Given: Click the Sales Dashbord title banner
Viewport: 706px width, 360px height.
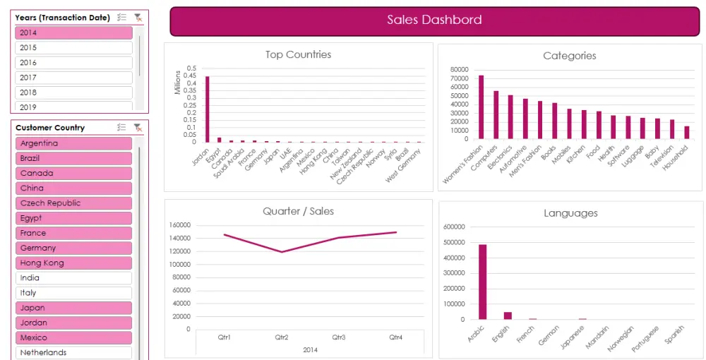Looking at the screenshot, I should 433,20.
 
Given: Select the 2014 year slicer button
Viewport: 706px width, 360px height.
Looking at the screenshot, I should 73,32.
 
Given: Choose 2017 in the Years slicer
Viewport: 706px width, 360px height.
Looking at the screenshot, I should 73,78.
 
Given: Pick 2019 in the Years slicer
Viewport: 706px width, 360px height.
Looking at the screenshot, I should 73,107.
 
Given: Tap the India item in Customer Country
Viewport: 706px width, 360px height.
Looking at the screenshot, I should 73,278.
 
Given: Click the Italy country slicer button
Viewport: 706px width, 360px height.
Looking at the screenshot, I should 73,293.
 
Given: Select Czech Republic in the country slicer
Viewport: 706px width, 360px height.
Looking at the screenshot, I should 73,203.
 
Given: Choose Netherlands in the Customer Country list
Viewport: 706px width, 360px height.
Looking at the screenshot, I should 73,352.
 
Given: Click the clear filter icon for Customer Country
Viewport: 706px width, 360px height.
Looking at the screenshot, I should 138,128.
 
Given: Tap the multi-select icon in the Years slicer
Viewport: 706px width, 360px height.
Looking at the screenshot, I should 121,18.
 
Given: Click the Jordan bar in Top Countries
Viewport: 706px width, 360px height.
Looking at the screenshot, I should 207,109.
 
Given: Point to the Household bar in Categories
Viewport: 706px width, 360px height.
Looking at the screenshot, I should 686,133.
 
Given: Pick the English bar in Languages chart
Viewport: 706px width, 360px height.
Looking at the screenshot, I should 508,316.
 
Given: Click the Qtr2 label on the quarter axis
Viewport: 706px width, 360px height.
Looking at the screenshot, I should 281,337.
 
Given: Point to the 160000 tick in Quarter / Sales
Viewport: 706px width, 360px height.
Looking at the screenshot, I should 181,225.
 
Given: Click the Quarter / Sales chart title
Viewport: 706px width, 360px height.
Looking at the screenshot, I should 298,211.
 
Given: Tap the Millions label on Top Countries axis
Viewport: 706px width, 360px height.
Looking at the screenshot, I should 177,83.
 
